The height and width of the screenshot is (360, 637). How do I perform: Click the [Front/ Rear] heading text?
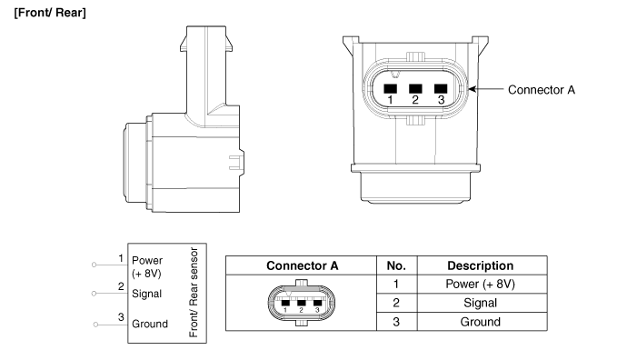[x=50, y=13]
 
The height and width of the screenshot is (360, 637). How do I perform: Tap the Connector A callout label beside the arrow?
[x=542, y=90]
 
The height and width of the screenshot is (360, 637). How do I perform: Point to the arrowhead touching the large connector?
[x=472, y=89]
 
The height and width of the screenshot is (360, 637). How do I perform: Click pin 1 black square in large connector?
[x=391, y=88]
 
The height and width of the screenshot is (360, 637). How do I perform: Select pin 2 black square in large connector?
[x=415, y=88]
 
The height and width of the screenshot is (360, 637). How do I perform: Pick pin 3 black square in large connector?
[x=441, y=88]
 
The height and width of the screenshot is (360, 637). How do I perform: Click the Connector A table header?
[x=303, y=265]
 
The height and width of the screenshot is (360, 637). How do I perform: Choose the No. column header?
[x=396, y=265]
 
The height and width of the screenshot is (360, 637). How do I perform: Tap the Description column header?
[x=481, y=265]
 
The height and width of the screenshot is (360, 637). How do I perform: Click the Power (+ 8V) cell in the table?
[x=481, y=284]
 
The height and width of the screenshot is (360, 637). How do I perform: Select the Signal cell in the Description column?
[x=481, y=303]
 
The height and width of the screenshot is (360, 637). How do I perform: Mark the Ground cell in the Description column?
[x=481, y=322]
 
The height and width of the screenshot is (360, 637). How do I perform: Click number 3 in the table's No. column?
[x=396, y=322]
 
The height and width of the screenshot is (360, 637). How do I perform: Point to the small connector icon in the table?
[x=302, y=303]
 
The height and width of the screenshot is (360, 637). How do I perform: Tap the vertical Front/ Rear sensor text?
[x=194, y=292]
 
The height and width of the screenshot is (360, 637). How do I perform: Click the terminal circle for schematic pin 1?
[x=95, y=265]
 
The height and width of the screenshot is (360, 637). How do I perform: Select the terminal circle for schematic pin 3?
[x=96, y=325]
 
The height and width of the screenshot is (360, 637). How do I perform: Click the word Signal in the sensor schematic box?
[x=146, y=294]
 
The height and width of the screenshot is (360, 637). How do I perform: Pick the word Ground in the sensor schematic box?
[x=150, y=324]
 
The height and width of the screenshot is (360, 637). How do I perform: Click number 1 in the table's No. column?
[x=396, y=284]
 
